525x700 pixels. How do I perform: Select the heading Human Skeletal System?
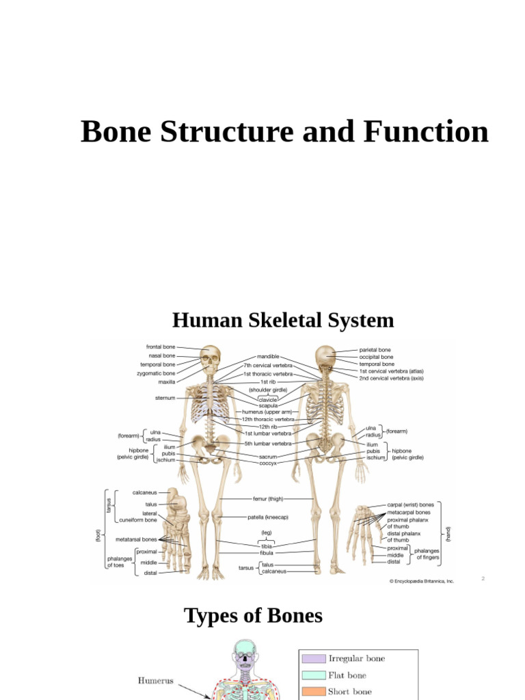point(283,320)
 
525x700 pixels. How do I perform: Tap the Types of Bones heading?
point(253,615)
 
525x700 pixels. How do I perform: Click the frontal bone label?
point(161,347)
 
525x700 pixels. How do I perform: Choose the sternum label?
point(165,398)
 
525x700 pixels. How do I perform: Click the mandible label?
point(268,357)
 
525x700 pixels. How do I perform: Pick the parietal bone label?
point(375,349)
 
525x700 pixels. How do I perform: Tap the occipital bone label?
point(377,357)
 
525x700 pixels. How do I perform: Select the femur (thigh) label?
point(266,499)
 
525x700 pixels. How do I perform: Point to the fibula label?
point(268,552)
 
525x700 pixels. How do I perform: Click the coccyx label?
point(268,463)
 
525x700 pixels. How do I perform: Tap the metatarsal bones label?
point(136,539)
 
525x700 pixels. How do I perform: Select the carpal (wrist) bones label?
point(411,504)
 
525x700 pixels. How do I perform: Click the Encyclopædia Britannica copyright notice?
point(422,581)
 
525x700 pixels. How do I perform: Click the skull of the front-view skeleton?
point(211,357)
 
